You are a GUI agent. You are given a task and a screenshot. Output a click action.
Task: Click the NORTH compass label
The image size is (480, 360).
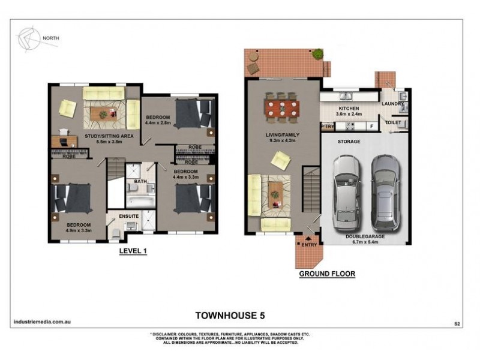click(x=50, y=39)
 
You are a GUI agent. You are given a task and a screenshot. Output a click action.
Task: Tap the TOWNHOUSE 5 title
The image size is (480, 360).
click(x=230, y=314)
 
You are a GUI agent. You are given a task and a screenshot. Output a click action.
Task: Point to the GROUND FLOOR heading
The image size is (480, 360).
click(x=327, y=274)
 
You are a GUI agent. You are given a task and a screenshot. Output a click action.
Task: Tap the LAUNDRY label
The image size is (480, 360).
click(x=393, y=104)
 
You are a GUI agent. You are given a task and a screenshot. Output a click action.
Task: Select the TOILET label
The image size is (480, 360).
click(x=393, y=122)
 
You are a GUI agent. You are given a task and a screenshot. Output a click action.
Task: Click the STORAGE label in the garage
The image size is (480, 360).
click(x=348, y=142)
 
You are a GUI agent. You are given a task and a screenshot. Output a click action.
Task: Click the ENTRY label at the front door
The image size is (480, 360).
click(x=310, y=244)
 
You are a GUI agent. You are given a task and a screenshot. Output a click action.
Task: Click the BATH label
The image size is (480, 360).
click(x=140, y=181)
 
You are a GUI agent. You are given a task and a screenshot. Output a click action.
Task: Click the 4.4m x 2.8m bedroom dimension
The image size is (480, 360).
click(x=158, y=123)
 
